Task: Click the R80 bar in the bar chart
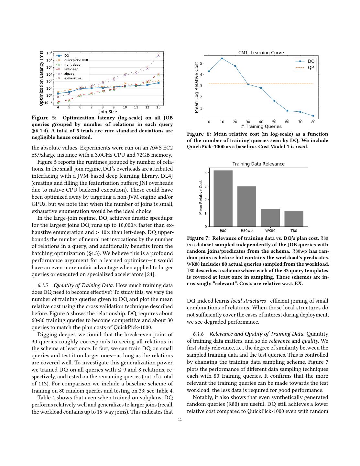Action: coord(223,198)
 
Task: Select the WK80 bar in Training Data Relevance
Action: coord(270,217)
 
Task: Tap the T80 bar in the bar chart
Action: coord(294,219)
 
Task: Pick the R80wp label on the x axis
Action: coord(246,231)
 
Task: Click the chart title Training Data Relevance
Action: coord(258,164)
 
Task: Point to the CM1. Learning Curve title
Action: coord(261,53)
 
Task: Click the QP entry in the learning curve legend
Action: coord(311,68)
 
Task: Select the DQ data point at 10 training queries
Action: coord(222,59)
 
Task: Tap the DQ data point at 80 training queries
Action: coord(313,116)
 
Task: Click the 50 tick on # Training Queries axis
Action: coord(274,122)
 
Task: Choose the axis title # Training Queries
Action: coord(261,127)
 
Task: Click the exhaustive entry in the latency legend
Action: coord(72,78)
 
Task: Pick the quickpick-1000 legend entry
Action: coord(76,60)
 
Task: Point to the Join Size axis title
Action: coord(108,112)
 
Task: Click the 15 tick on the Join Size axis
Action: coord(158,107)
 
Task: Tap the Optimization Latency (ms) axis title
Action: coord(41,78)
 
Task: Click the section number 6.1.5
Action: coord(43,285)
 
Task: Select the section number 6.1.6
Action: coord(198,334)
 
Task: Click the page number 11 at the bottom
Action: coord(180,420)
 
